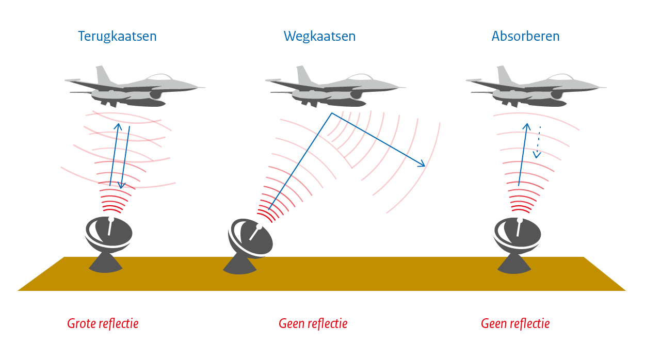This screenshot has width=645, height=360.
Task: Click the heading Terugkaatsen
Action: tap(117, 37)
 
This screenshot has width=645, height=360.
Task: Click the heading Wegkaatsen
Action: tap(319, 37)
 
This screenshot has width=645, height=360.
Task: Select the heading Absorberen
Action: tap(525, 37)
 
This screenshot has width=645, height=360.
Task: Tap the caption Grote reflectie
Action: tap(103, 324)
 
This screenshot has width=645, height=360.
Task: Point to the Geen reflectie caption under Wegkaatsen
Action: tap(313, 324)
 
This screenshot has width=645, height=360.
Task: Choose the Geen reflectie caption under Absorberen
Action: tap(515, 324)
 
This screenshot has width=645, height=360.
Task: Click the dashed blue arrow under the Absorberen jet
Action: tap(538, 142)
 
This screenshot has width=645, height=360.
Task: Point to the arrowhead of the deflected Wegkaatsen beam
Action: tap(423, 165)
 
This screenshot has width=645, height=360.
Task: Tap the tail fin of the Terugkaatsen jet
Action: tap(103, 75)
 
